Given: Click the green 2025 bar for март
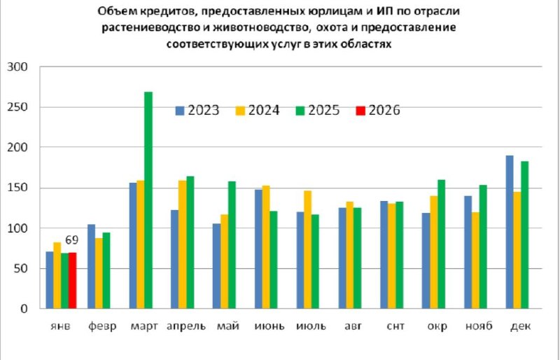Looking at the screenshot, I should pos(148,200).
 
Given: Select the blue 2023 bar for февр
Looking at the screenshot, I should pos(91,266).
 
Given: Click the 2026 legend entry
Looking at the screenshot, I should pos(379,110).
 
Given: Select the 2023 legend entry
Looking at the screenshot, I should pos(197,110).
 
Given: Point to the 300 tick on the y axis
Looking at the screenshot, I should pos(16,67).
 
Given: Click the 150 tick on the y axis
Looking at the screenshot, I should pos(16,188).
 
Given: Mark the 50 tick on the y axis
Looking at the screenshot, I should pos(19,269).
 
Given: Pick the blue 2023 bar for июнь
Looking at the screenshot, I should pos(258,249).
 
